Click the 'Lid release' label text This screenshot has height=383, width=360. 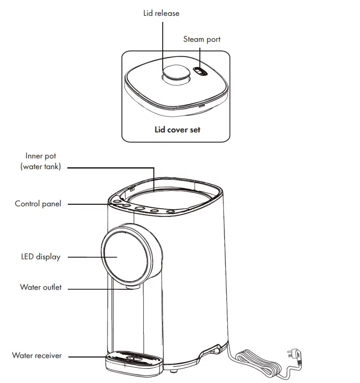[x=161, y=13]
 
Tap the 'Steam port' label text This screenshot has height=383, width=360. [x=202, y=39]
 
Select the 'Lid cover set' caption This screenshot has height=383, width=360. [x=177, y=129]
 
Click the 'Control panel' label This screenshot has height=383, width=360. [x=38, y=204]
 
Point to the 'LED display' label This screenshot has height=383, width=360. [x=40, y=257]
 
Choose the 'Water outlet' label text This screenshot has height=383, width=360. [x=41, y=287]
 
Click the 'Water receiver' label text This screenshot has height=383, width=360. [x=37, y=355]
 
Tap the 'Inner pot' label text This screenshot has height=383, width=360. [x=41, y=156]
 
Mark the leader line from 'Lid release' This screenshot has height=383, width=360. [x=163, y=46]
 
